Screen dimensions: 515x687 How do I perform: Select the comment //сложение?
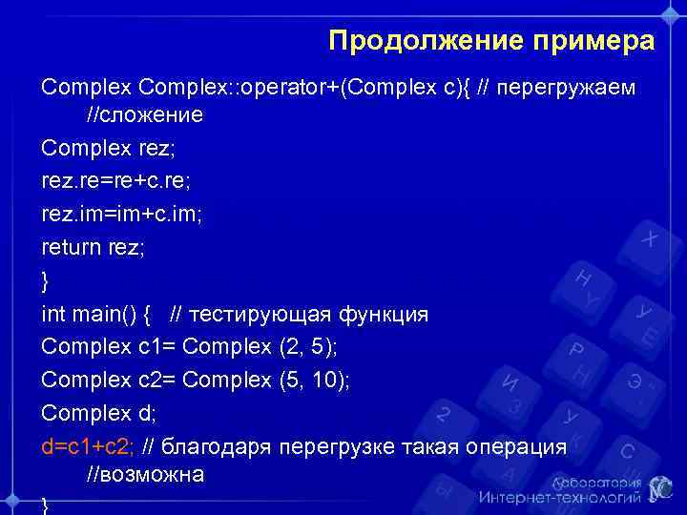145,115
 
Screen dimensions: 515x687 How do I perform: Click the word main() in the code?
108,314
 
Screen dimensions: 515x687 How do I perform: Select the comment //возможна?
145,474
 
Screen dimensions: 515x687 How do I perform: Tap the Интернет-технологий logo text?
559,496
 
